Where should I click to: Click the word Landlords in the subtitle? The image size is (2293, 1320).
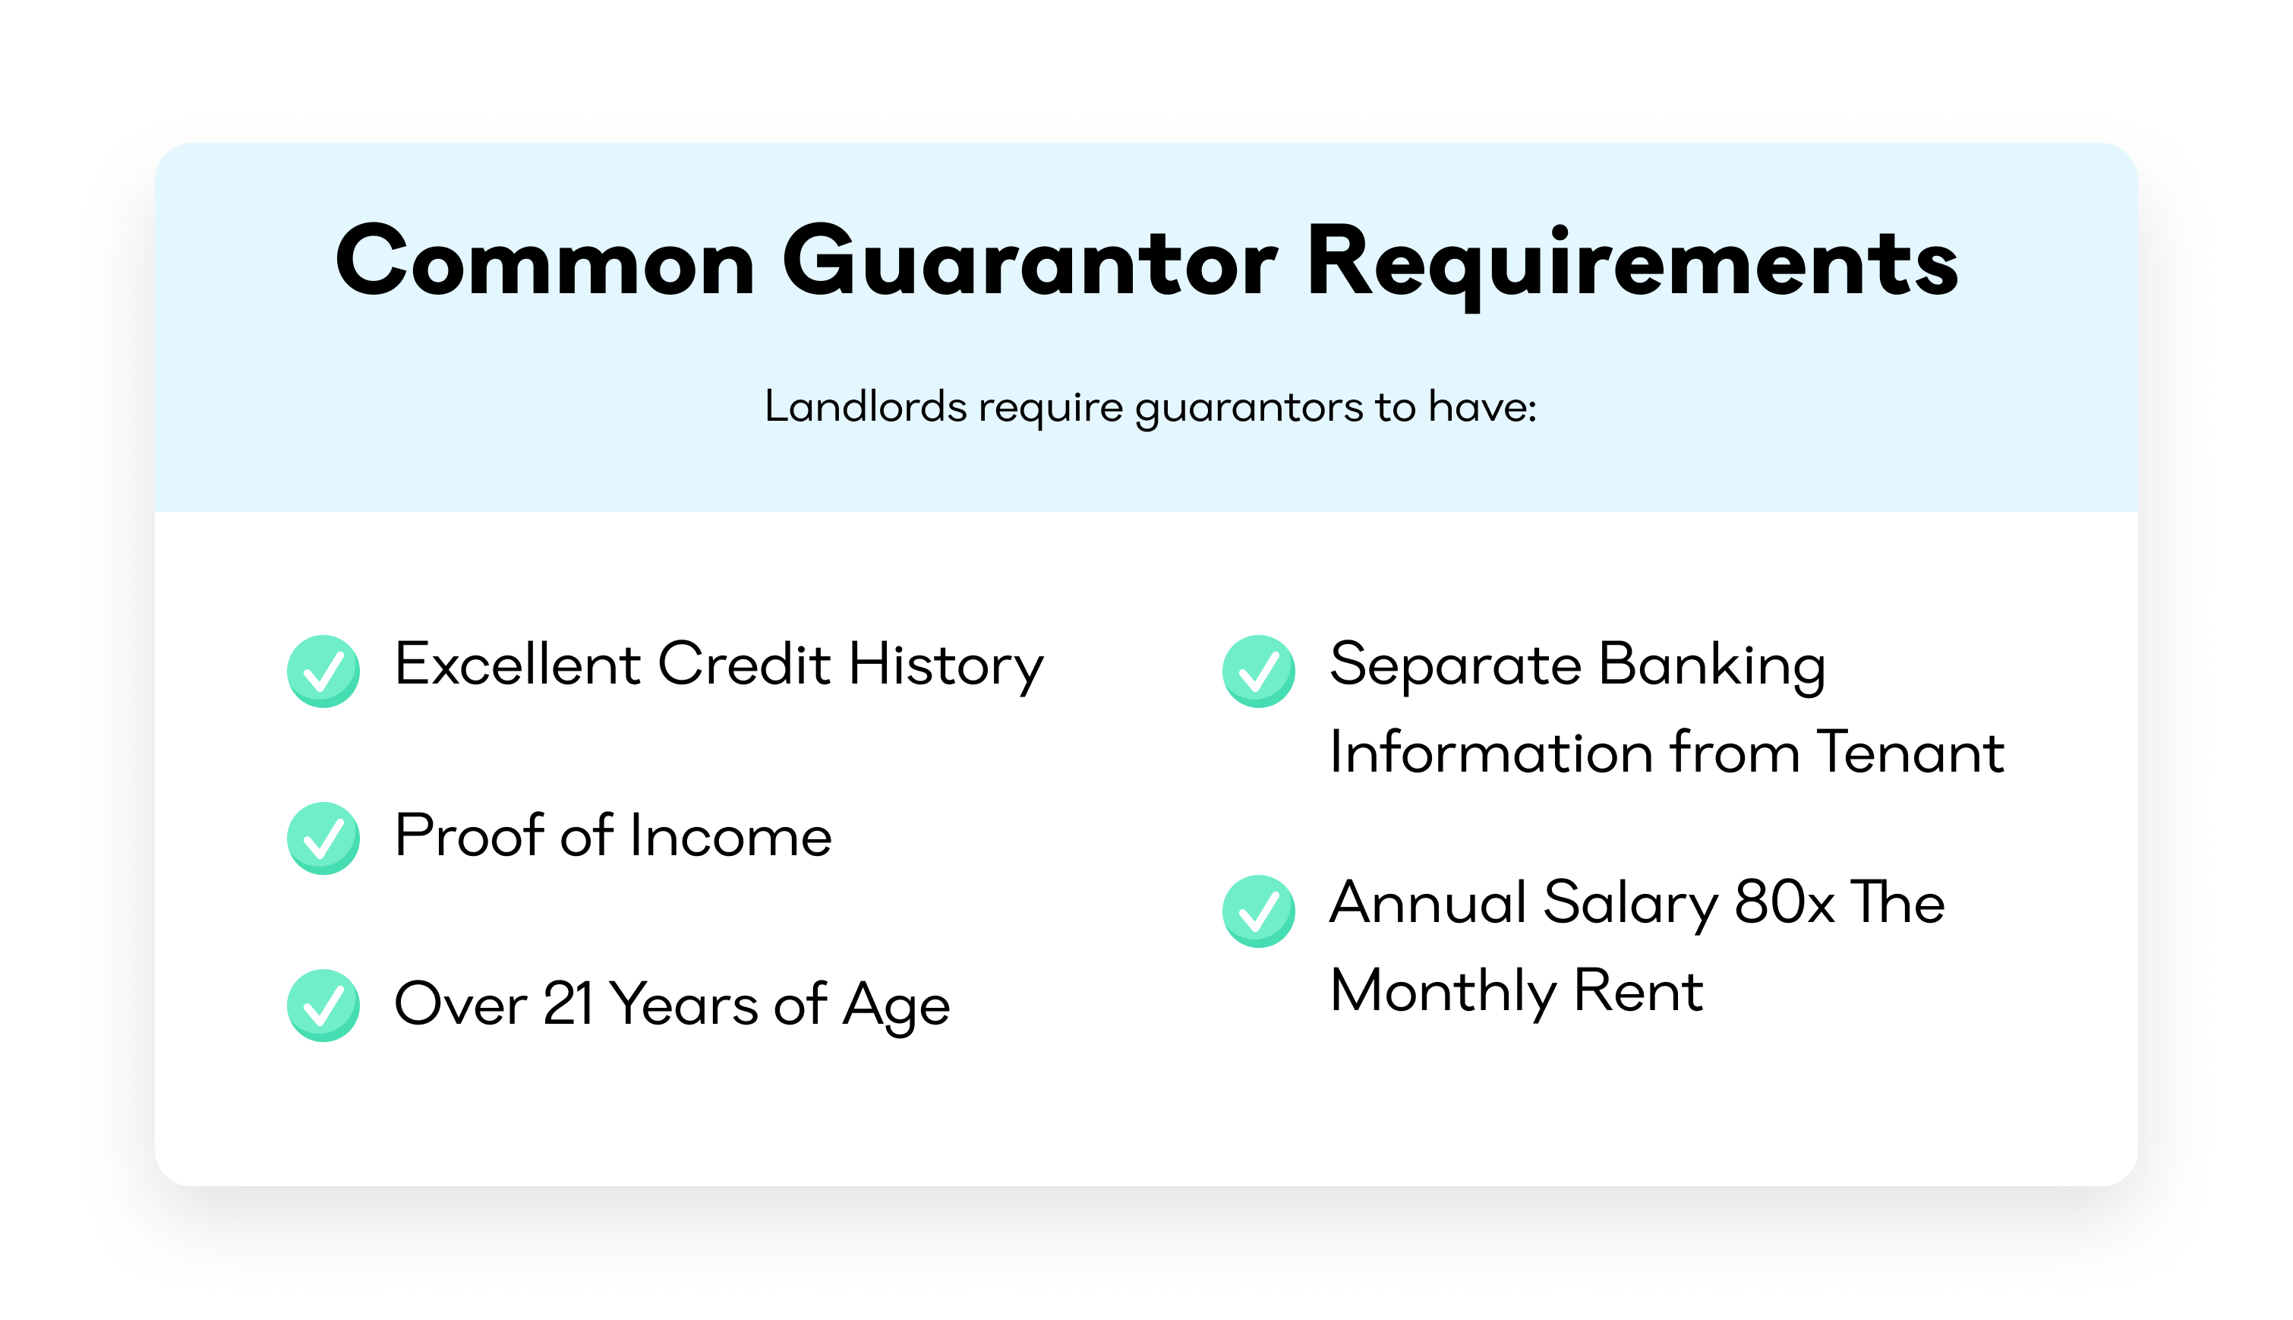(866, 406)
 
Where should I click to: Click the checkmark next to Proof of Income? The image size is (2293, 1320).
(323, 838)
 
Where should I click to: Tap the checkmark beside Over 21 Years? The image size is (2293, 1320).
(323, 1005)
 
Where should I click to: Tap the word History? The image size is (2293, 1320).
(946, 666)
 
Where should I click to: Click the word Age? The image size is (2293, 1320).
(897, 1007)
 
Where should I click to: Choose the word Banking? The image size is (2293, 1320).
(1712, 666)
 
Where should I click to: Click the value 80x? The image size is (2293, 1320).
(1784, 902)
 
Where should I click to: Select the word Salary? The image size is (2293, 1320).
(1630, 905)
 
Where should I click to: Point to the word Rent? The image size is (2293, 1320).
(1639, 990)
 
